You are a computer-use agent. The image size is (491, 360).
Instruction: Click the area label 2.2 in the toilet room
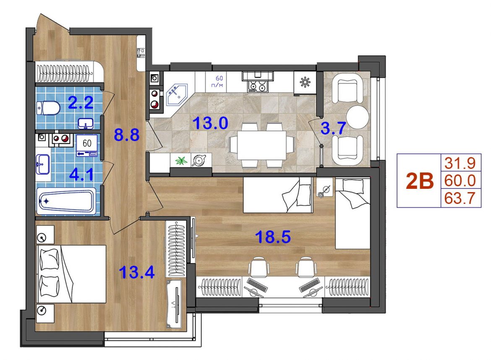tap(81, 103)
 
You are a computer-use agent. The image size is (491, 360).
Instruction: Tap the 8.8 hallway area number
tap(126, 135)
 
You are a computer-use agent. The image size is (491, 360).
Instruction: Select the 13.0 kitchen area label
tap(210, 123)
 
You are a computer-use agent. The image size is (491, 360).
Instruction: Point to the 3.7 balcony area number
tap(333, 128)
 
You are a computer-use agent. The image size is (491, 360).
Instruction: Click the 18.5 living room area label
tap(273, 237)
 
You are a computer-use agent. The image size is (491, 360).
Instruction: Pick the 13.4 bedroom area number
tap(137, 272)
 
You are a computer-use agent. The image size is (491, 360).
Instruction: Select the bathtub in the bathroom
tap(66, 201)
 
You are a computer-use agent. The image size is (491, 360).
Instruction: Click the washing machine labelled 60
tap(87, 145)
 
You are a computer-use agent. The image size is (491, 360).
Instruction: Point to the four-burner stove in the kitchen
tap(258, 86)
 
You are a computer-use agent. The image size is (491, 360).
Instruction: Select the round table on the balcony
tap(358, 117)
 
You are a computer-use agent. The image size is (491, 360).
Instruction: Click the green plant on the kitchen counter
tap(181, 160)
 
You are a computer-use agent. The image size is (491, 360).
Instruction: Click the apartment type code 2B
tap(420, 181)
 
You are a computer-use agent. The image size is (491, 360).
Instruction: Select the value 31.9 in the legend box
tap(460, 163)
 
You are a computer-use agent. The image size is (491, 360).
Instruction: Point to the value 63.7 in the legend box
tap(460, 198)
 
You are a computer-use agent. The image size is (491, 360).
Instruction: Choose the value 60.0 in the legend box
tap(460, 180)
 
